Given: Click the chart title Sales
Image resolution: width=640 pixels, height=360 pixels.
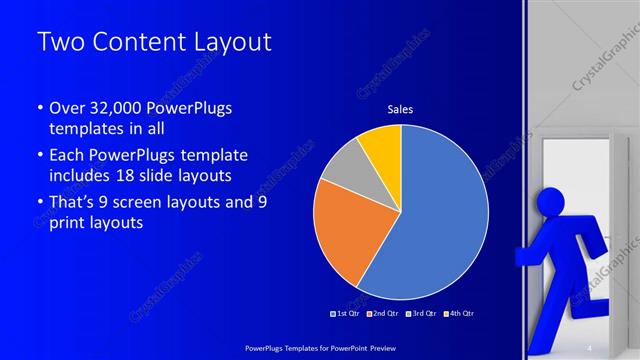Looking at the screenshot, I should (400, 109).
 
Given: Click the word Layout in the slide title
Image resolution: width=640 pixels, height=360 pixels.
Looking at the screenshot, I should (227, 43).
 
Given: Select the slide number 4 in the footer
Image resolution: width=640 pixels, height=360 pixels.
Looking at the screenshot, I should (588, 347).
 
